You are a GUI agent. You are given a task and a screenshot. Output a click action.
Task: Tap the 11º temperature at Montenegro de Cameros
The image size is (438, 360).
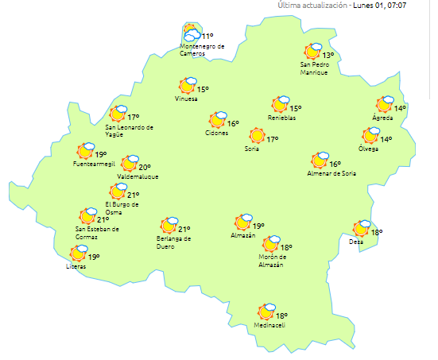tap(207, 37)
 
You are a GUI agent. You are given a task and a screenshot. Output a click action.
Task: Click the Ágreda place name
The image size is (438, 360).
tap(382, 118)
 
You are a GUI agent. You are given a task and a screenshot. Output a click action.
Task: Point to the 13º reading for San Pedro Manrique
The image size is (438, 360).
tap(328, 56)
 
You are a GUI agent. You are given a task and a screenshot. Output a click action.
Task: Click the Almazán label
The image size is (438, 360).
tap(242, 236)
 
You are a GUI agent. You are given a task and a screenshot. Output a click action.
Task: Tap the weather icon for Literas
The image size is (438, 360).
tap(79, 254)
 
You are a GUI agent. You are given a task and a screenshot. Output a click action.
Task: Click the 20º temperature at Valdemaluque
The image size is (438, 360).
tap(145, 168)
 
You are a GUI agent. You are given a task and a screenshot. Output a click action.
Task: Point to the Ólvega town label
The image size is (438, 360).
tap(369, 149)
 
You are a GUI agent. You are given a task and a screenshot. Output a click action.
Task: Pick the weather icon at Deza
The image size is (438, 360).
tap(362, 229)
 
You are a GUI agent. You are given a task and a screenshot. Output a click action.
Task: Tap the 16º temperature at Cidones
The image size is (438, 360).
tap(233, 123)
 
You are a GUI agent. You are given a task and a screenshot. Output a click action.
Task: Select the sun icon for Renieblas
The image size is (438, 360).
tap(280, 104)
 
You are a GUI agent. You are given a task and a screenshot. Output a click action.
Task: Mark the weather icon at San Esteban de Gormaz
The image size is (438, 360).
tap(87, 215)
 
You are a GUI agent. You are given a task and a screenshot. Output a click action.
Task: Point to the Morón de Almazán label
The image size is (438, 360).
tap(275, 261)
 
